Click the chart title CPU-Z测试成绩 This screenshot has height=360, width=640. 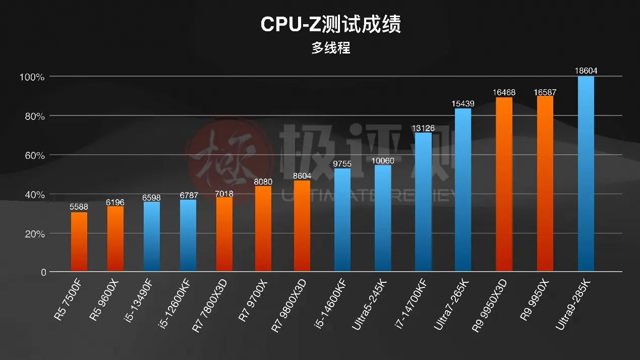(x=330, y=25)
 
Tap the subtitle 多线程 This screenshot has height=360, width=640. (x=330, y=48)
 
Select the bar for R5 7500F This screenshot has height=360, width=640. (x=79, y=242)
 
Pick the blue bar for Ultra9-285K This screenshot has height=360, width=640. (x=586, y=174)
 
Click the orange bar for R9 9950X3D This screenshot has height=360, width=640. (x=504, y=185)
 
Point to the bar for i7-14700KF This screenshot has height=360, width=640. (x=423, y=202)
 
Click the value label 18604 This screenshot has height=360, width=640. (x=586, y=71)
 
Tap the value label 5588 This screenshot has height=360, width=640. (x=79, y=207)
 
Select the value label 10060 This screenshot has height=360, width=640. (x=383, y=160)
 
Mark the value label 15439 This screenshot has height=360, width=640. (x=463, y=103)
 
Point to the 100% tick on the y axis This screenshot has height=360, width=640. (x=32, y=77)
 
